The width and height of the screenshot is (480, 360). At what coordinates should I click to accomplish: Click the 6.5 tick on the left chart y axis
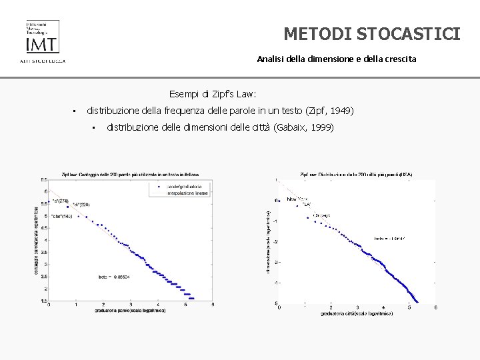[x=43, y=180]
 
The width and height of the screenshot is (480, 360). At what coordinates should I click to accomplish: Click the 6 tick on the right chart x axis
[x=435, y=307]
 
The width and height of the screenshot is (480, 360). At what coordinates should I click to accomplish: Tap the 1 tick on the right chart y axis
[x=275, y=179]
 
